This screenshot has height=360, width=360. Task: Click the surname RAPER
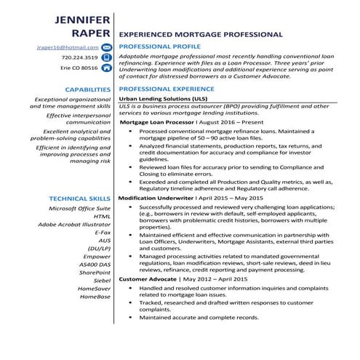[87, 34]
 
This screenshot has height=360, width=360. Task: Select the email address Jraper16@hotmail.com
[67, 47]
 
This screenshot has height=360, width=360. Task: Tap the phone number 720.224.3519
[79, 57]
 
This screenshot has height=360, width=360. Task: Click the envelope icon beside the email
[105, 47]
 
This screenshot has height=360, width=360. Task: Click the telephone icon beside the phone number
[105, 57]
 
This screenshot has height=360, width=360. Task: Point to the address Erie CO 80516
[79, 68]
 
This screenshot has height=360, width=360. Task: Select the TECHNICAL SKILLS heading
[79, 199]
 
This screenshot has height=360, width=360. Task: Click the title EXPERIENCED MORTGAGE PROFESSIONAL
[200, 34]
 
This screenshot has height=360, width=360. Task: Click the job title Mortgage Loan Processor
[155, 123]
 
